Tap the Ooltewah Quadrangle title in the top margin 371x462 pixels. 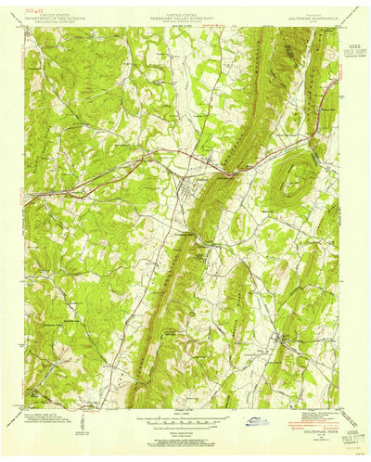306,13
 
